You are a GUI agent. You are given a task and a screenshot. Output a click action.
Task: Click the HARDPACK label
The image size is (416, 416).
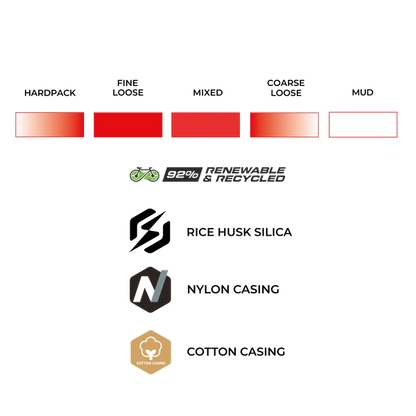tap(50, 93)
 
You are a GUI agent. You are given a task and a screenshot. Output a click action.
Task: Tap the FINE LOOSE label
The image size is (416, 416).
tap(128, 88)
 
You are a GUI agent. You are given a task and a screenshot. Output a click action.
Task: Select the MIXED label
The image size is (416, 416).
tap(208, 92)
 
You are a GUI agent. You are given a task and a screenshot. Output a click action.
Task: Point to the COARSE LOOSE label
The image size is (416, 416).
tap(286, 88)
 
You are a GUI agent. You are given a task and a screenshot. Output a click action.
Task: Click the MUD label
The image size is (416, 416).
tap(363, 92)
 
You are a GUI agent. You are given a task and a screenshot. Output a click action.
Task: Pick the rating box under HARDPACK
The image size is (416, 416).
tap(50, 125)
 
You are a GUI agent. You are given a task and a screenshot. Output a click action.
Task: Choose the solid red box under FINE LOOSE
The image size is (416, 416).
tap(128, 125)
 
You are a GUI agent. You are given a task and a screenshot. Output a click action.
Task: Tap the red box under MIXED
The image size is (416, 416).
tap(206, 125)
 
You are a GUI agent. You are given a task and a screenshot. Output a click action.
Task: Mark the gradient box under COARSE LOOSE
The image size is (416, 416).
tap(284, 125)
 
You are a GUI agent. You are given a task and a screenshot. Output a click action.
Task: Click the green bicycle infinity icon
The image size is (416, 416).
tap(144, 174)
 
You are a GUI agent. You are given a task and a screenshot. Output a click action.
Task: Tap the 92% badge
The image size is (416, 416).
tap(182, 174)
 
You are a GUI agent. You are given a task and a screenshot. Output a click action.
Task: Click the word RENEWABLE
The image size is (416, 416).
tap(246, 170)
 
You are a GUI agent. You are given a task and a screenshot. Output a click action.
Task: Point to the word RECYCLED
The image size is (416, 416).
tap(250, 179)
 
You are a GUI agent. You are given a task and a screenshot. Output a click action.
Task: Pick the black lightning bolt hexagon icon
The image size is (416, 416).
tap(150, 231)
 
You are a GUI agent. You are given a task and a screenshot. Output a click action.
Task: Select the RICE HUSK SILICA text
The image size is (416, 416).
tap(239, 232)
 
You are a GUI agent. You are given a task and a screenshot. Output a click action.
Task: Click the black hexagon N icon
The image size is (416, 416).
tap(150, 289)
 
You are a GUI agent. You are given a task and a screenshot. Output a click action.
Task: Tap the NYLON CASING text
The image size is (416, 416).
tap(233, 289)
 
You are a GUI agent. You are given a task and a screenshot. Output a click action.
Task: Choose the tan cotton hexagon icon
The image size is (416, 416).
tap(151, 352)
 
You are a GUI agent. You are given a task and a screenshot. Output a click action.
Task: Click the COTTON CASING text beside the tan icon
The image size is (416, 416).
tap(236, 352)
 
